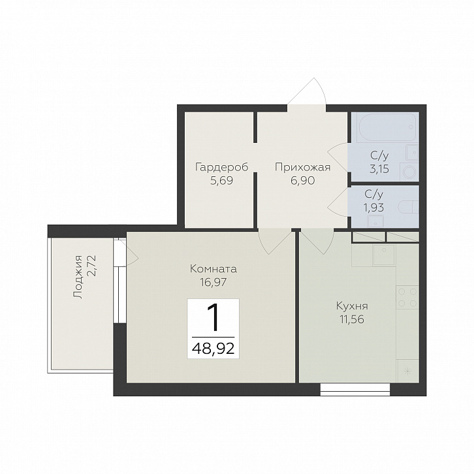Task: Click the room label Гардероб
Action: coord(222,167)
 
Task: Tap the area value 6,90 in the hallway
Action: coord(302,180)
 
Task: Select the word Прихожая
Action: coord(302,167)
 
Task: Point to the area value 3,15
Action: coord(379,168)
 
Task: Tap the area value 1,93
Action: coord(374,208)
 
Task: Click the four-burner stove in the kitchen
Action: coord(407,297)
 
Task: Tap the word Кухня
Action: coord(352,306)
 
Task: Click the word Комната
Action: coord(213,268)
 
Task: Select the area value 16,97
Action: coord(213,282)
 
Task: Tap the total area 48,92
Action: coord(213,349)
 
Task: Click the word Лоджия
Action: coord(78,277)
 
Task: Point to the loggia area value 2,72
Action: coord(91,266)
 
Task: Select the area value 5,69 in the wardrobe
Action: coord(222,180)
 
